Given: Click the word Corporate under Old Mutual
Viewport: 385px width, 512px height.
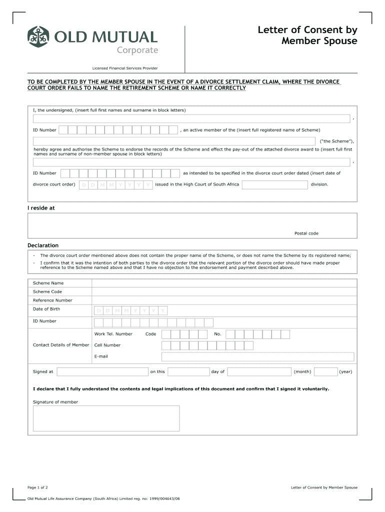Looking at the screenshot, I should point(137,50).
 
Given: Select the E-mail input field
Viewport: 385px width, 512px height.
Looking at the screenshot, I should point(257,356).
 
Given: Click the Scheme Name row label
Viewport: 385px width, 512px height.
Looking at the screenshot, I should point(48,283).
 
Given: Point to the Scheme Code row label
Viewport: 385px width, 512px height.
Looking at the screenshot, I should point(47,291).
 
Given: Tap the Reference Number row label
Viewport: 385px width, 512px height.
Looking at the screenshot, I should point(52,300).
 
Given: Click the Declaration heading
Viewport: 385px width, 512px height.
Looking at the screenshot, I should point(43,245).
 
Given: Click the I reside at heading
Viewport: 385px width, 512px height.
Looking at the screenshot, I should point(41,208).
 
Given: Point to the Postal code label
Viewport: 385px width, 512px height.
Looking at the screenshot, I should point(306,233).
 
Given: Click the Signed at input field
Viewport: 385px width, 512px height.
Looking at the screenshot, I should point(102,371).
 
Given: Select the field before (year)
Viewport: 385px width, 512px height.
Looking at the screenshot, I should point(325,371).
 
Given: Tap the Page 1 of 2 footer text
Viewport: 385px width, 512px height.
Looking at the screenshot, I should point(37,487).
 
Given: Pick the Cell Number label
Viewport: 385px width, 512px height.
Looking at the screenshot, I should point(107,345).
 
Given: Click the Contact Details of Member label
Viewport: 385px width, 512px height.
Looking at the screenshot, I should point(61,345).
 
